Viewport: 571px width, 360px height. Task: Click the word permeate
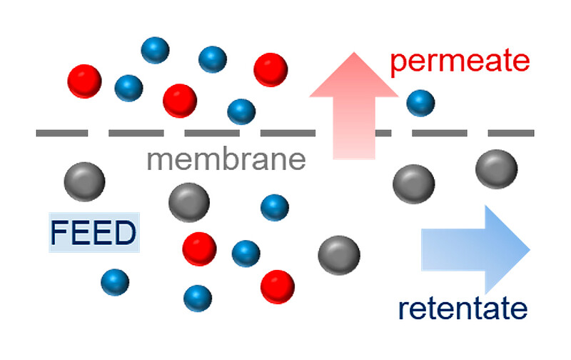460,61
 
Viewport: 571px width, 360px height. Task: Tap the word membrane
226,159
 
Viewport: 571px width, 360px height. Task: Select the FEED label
94,233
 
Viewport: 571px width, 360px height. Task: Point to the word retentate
463,309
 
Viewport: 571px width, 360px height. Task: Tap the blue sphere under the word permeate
420,103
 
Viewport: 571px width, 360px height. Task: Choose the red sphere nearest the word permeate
271,70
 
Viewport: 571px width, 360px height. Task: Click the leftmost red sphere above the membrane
84,81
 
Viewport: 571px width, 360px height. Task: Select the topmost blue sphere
155,50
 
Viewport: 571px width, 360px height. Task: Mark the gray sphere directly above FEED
84,181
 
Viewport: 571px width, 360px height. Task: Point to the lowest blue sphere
197,298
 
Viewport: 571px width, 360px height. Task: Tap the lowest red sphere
277,286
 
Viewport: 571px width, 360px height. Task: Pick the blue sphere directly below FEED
115,282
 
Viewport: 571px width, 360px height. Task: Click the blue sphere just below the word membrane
274,207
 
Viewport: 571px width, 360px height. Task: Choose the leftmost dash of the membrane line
62,133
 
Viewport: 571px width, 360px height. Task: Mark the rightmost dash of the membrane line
510,133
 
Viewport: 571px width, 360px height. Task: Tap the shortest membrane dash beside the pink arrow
383,133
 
